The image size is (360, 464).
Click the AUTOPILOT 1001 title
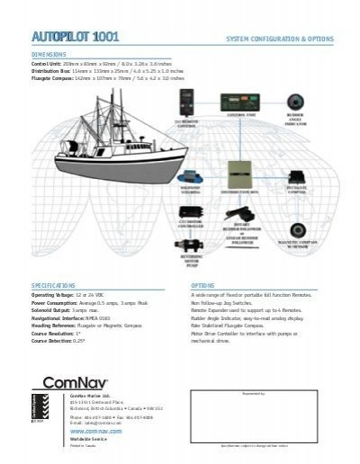pos(76,36)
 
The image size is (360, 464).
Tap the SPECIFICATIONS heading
pos(54,282)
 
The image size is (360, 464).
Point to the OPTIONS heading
pos(203,282)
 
